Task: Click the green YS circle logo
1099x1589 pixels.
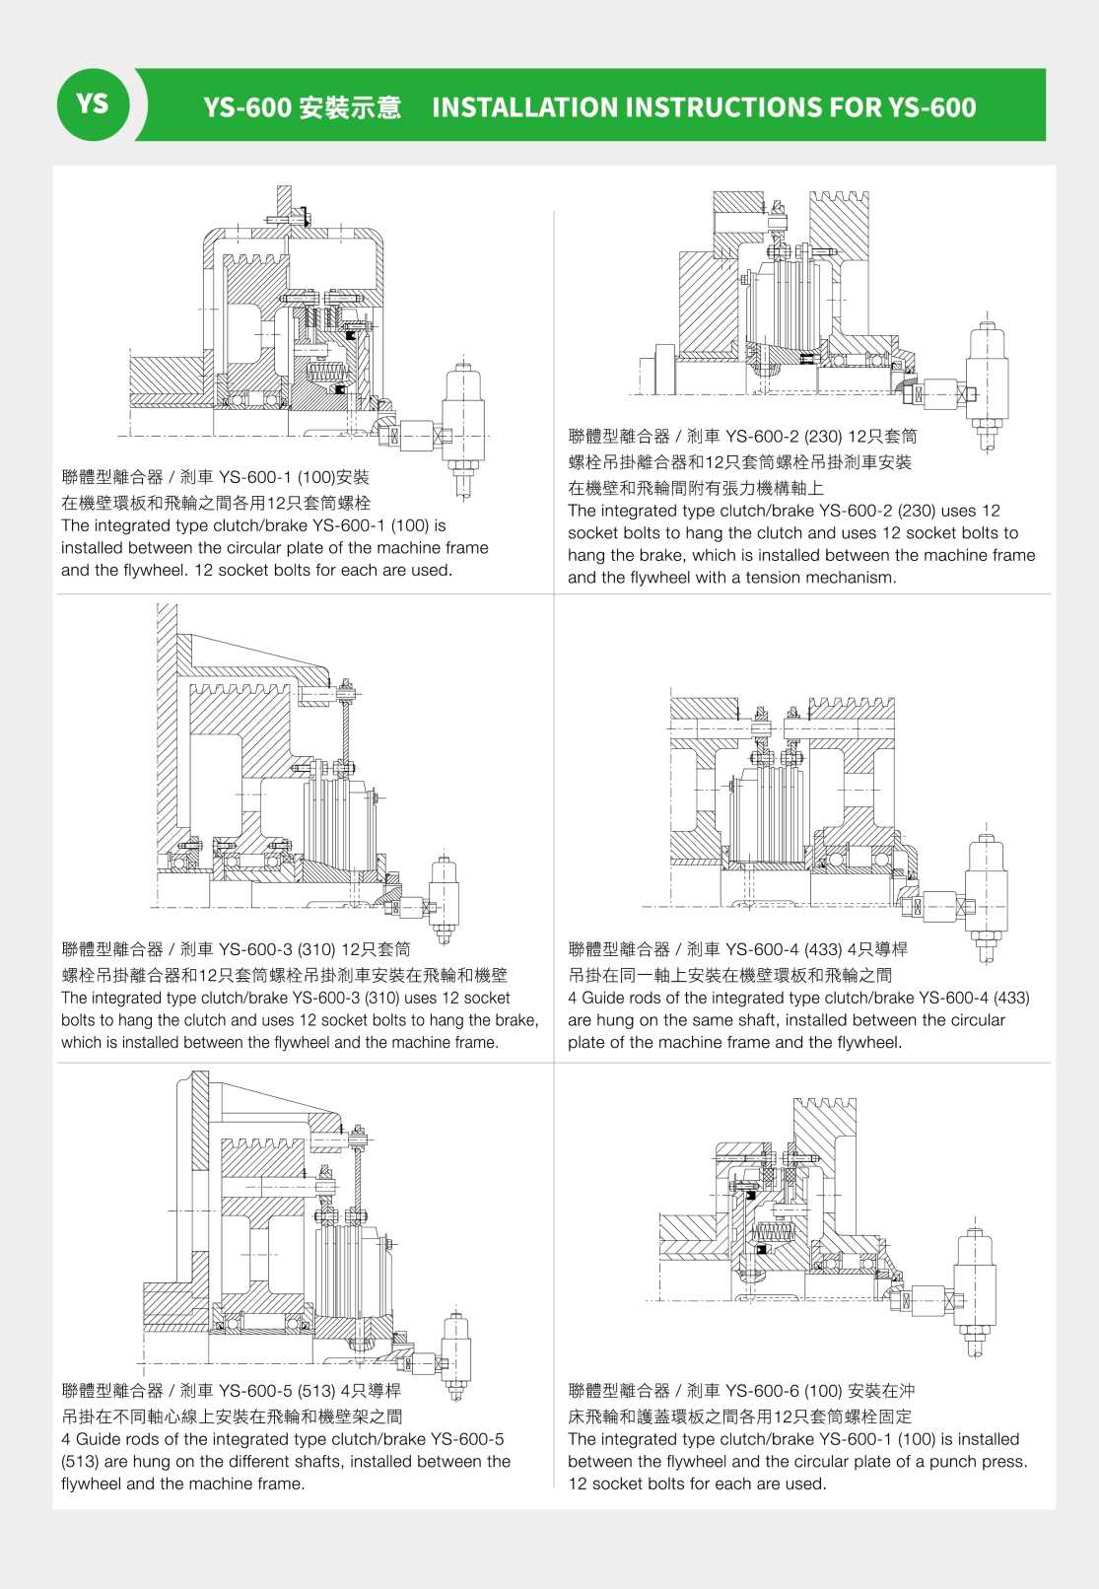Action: [93, 104]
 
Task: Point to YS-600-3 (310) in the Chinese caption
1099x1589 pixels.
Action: [277, 950]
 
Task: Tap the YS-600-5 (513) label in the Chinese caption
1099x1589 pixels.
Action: [277, 1392]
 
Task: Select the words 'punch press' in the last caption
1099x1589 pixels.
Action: [980, 1462]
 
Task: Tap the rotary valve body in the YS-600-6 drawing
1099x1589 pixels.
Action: [975, 1280]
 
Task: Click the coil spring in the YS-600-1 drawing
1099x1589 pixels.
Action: [324, 374]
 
